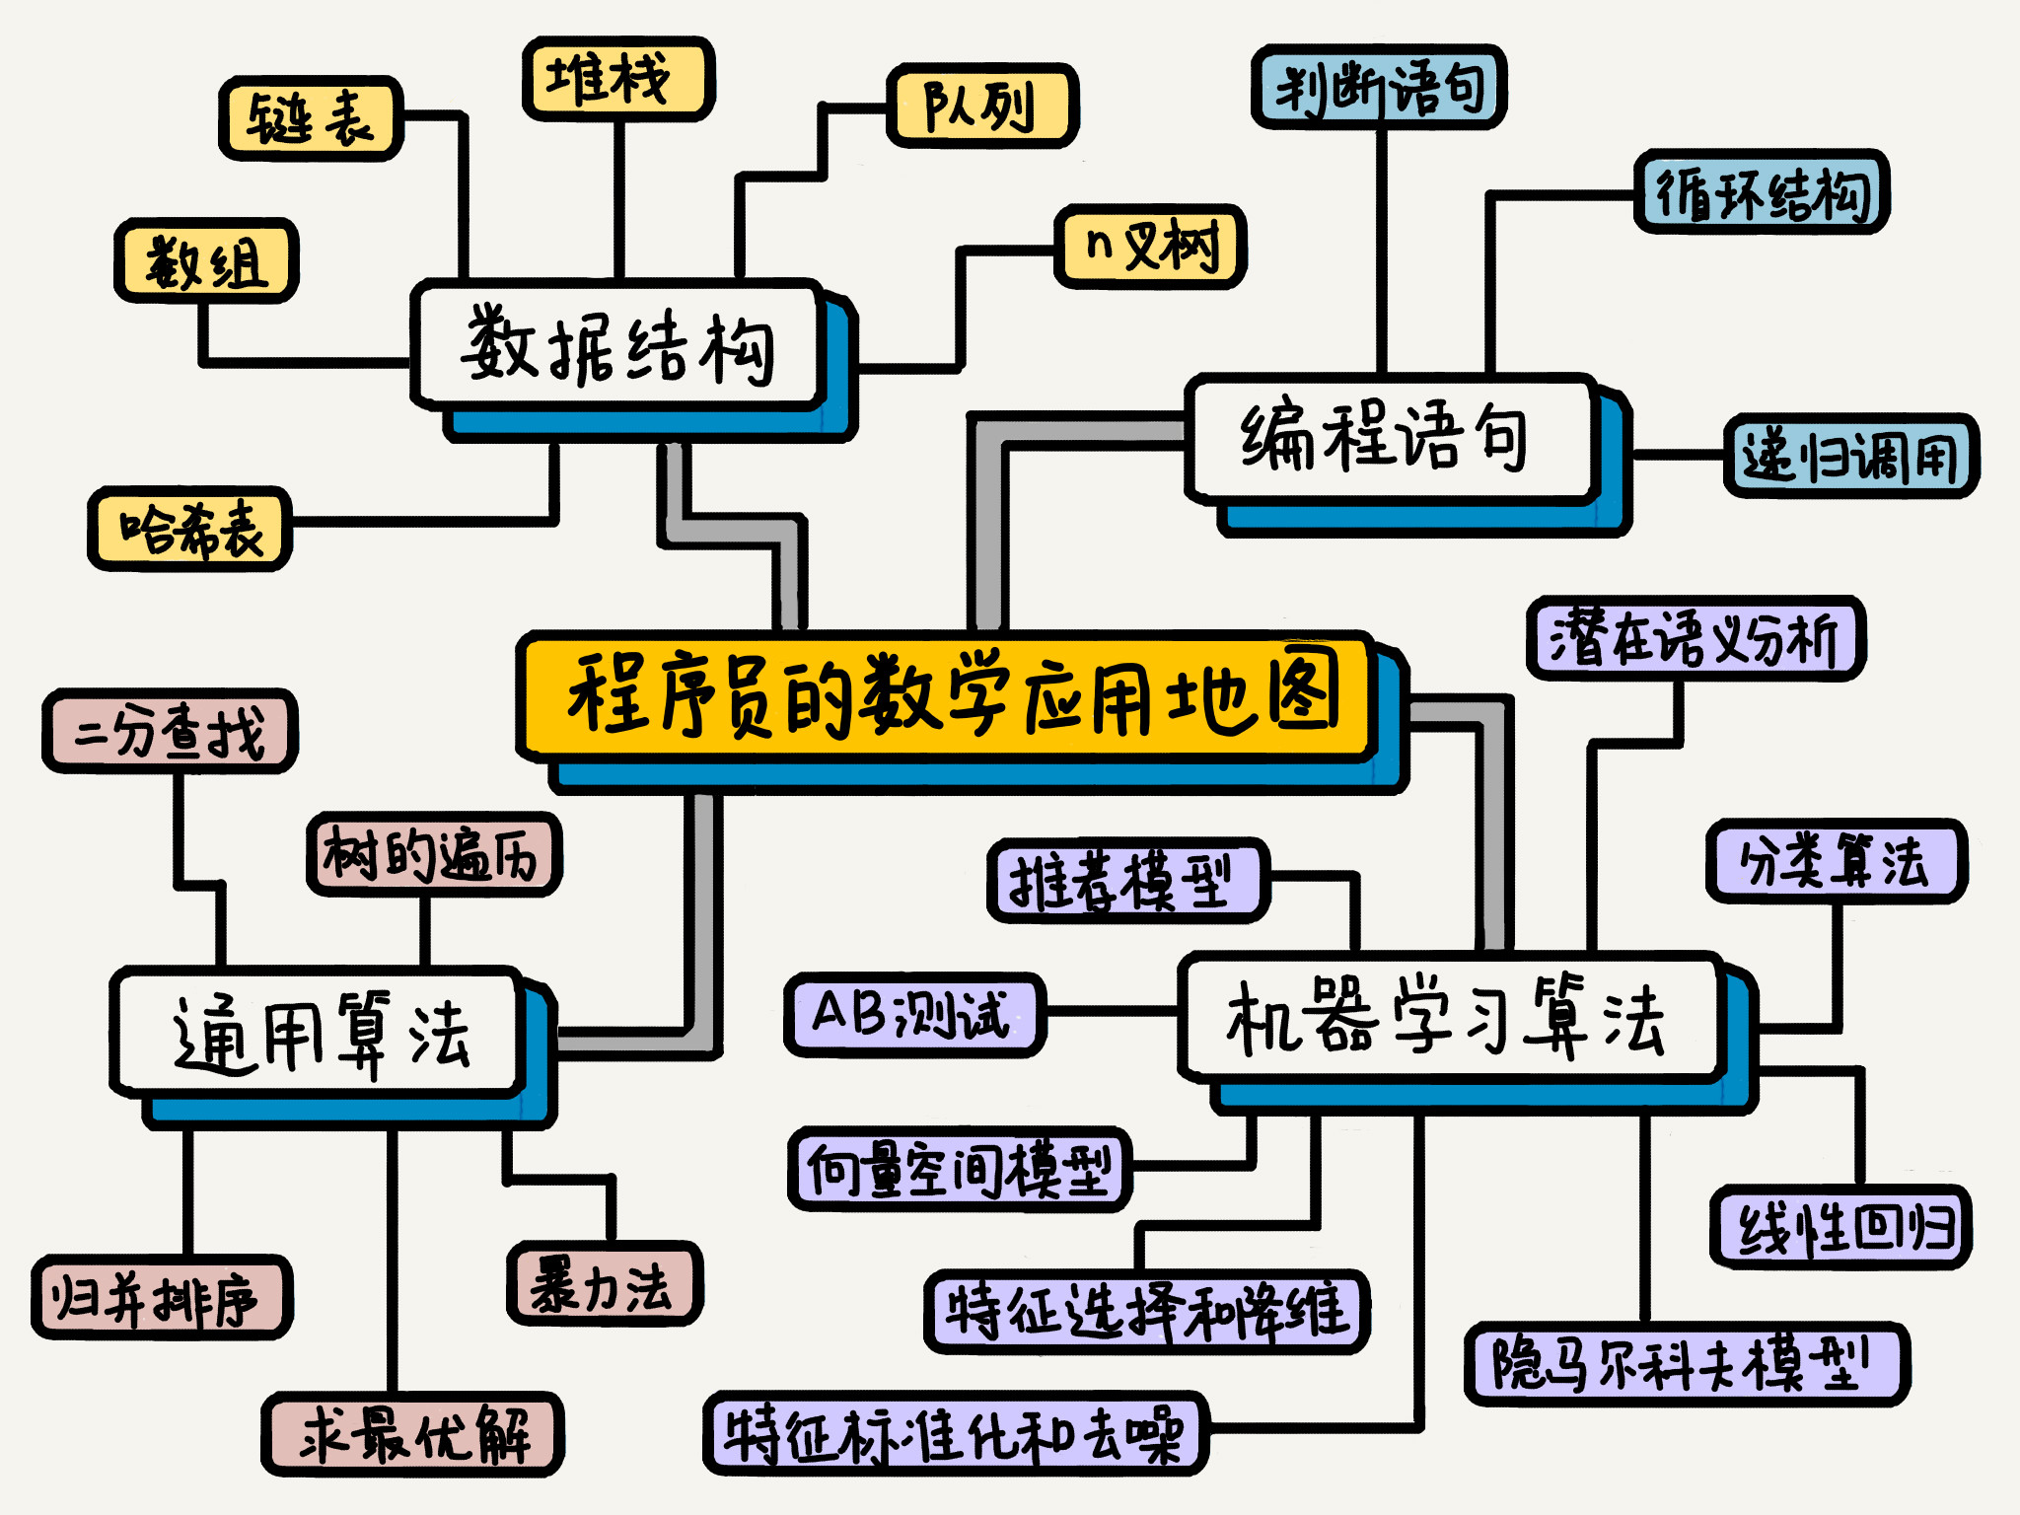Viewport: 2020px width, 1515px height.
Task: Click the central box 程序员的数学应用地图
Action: [x=947, y=695]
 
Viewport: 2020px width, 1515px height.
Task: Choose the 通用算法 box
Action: [x=318, y=1032]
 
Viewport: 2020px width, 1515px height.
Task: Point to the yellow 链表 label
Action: [x=310, y=118]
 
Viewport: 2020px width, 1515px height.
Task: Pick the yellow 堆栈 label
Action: [x=617, y=79]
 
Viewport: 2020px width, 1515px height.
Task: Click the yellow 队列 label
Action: [x=981, y=106]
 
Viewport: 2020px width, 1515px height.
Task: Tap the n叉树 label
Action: [x=1150, y=247]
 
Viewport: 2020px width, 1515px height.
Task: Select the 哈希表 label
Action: [x=190, y=529]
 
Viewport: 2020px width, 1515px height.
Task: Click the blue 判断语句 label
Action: [x=1378, y=87]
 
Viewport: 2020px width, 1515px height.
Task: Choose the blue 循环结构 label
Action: [x=1761, y=192]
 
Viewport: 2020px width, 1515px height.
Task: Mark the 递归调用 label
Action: [x=1850, y=456]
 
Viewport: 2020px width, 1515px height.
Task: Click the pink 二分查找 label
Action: [x=170, y=731]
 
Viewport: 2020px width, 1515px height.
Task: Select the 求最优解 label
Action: [x=412, y=1434]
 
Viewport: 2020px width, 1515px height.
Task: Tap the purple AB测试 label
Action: [x=913, y=1014]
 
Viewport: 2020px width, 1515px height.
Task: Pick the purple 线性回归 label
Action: [x=1840, y=1228]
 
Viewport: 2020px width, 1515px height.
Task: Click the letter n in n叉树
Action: [x=1099, y=243]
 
